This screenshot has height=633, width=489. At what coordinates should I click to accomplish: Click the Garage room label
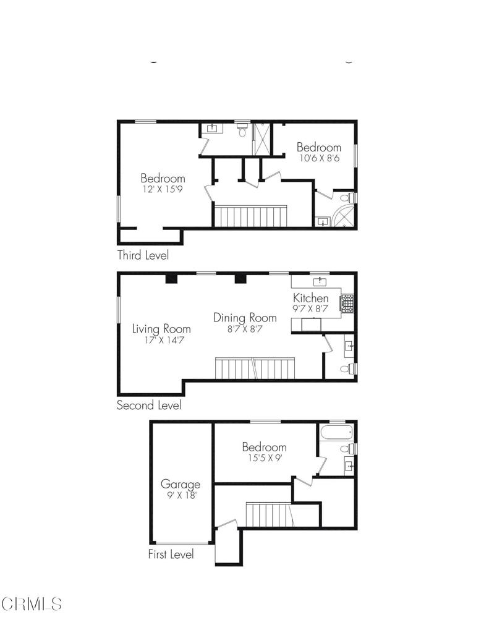(x=181, y=484)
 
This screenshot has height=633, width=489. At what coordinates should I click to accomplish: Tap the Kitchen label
(x=310, y=298)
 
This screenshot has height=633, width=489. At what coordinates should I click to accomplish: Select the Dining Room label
(x=245, y=318)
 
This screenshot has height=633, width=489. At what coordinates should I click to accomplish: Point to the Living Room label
(x=161, y=329)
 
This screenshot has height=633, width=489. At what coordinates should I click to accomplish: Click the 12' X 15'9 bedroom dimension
(x=163, y=190)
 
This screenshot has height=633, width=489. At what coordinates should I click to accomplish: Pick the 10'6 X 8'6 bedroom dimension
(x=318, y=158)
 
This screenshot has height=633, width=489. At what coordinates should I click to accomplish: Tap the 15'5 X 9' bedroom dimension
(x=264, y=458)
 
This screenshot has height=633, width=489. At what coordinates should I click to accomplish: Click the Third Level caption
(x=143, y=255)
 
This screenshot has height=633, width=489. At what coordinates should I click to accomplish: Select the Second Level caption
(x=149, y=406)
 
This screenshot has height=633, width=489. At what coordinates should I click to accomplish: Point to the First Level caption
(x=171, y=554)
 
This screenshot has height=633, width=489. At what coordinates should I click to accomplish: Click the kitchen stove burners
(x=348, y=302)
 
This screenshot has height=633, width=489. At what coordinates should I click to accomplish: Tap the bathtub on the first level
(x=336, y=431)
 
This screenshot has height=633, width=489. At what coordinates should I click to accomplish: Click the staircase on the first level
(x=268, y=514)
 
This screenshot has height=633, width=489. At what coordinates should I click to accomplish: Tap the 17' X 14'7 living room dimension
(x=161, y=340)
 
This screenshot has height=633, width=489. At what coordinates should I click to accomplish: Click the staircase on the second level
(x=256, y=368)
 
